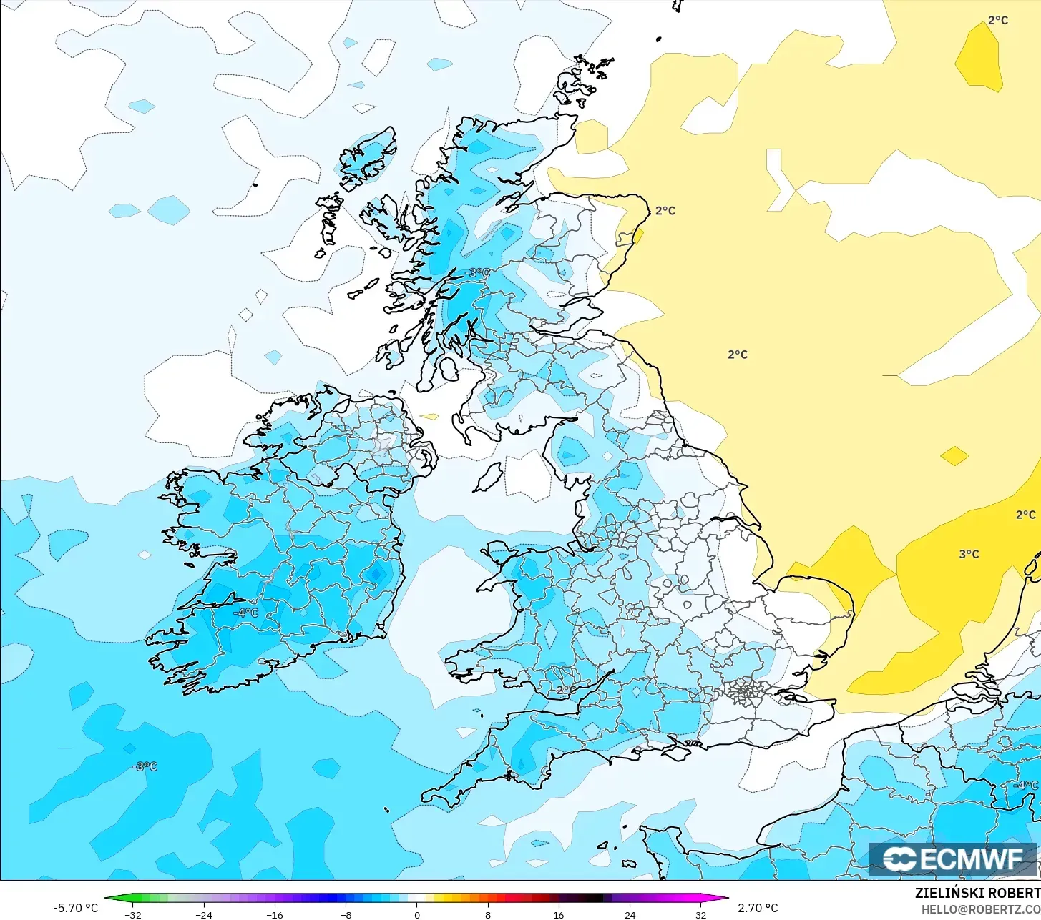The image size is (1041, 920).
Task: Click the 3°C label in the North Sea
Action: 969,554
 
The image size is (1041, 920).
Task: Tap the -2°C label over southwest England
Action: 565,690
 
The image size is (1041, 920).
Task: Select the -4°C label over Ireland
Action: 245,613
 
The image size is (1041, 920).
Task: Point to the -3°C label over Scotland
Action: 478,273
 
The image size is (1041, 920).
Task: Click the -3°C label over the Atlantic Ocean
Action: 145,766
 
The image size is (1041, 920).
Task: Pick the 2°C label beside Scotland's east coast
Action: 665,211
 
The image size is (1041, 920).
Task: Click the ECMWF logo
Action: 952,859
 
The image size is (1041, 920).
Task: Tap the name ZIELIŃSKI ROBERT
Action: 977,893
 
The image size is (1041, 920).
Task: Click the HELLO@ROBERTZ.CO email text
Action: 980,909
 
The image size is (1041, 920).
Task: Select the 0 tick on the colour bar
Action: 416,914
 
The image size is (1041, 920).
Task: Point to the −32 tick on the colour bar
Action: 133,914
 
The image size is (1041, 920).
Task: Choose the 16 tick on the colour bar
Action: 558,914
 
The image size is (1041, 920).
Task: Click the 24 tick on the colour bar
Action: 630,914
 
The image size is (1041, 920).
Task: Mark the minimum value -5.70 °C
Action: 75,908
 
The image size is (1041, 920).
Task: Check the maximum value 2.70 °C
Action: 758,908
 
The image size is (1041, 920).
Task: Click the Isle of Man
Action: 489,478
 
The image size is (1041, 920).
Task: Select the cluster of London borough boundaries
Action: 744,691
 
